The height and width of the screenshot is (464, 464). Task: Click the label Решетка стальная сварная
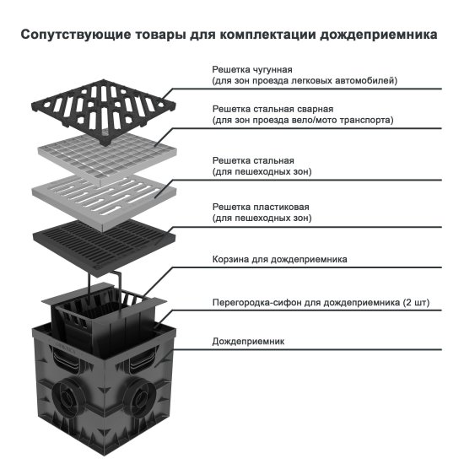pyautogui.click(x=272, y=108)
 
